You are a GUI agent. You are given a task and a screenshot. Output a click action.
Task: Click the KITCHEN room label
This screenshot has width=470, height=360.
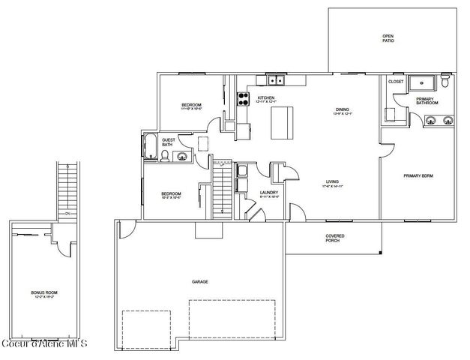[266, 98]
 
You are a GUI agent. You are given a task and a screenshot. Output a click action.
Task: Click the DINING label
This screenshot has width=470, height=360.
[342, 109]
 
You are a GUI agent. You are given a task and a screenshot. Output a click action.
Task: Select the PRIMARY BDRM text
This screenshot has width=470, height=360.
[418, 175]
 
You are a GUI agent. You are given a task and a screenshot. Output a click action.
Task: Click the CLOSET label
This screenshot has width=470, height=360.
[396, 81]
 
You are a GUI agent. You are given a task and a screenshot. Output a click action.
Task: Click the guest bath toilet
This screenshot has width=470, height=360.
[164, 155]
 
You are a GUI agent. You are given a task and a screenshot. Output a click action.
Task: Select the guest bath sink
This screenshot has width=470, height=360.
[181, 156]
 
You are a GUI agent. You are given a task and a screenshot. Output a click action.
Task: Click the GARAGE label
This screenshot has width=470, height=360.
[199, 281]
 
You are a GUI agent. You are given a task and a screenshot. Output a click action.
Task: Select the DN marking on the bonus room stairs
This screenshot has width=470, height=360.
[67, 214]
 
